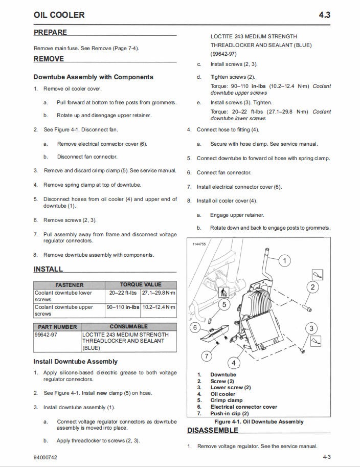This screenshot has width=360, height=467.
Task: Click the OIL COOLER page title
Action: pos(59,15)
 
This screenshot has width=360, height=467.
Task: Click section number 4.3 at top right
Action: pos(324,15)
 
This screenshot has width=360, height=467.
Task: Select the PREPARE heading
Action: pos(50,32)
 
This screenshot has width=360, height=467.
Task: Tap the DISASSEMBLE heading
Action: pos(212,430)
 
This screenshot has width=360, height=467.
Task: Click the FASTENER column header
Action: pos(69,285)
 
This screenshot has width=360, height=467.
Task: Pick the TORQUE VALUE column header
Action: pos(141,284)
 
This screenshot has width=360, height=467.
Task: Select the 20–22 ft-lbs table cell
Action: pos(123,293)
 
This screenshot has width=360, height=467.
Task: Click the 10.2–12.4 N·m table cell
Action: pos(159,307)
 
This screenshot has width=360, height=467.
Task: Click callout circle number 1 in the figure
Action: pos(284,261)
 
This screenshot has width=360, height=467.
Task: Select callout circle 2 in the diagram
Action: pos(312,287)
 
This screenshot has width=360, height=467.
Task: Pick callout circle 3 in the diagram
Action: pos(311,328)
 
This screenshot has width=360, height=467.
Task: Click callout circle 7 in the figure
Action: pos(207,355)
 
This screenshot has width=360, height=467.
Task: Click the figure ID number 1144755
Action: pos(199,244)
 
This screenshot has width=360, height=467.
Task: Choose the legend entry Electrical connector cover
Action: pos(243,407)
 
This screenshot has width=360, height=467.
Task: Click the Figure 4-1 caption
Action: pos(259,421)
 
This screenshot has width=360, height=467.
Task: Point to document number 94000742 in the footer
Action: pos(46,457)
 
